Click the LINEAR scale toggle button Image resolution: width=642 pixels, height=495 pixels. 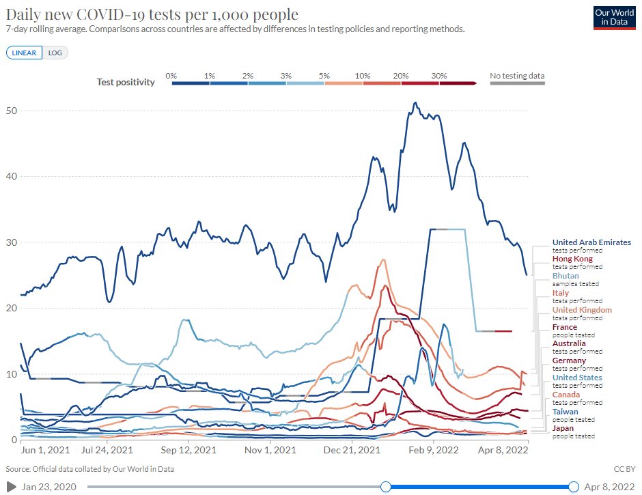point(25,53)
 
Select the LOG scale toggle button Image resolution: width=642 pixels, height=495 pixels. point(55,53)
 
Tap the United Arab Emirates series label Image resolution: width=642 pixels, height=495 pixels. point(591,242)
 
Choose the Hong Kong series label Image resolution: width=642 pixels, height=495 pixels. point(572,259)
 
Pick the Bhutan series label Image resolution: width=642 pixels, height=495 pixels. point(566,276)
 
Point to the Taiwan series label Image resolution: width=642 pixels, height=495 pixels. point(566,412)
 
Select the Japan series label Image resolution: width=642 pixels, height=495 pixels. point(564,428)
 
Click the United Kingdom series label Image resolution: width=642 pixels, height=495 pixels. point(582,310)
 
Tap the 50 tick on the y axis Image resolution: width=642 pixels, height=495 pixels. point(12,111)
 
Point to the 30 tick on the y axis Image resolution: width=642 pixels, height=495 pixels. point(12,242)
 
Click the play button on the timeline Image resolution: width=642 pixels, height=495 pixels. point(11,486)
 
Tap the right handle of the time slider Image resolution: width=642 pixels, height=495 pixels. point(574,486)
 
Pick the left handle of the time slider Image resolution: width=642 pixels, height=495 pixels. point(386,486)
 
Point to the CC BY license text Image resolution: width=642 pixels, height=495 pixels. point(624,469)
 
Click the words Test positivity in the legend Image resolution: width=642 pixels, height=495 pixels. point(126,82)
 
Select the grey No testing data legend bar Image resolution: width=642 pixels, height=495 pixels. point(517,83)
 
